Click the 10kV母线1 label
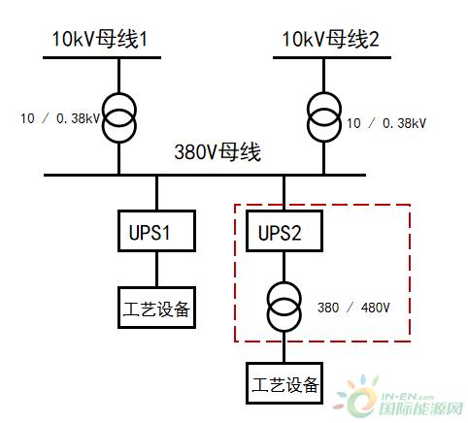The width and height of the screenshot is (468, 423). tap(100, 40)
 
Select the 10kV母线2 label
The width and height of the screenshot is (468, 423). tap(330, 40)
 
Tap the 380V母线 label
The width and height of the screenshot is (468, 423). tap(217, 152)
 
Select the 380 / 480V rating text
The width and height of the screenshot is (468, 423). tap(353, 308)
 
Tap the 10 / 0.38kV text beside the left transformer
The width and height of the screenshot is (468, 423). tap(60, 118)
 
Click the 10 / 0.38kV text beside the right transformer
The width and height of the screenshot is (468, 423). tap(386, 123)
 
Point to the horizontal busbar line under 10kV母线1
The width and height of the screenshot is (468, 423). tap(102, 58)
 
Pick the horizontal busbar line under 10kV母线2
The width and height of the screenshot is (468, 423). tap(332, 58)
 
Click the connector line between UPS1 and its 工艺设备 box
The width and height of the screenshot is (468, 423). tap(157, 270)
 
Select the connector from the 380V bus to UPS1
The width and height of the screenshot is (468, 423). tap(157, 193)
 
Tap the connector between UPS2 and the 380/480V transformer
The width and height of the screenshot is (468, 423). tap(284, 267)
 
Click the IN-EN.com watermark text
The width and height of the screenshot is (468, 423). tap(408, 397)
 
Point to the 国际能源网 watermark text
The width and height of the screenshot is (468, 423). tap(421, 409)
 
